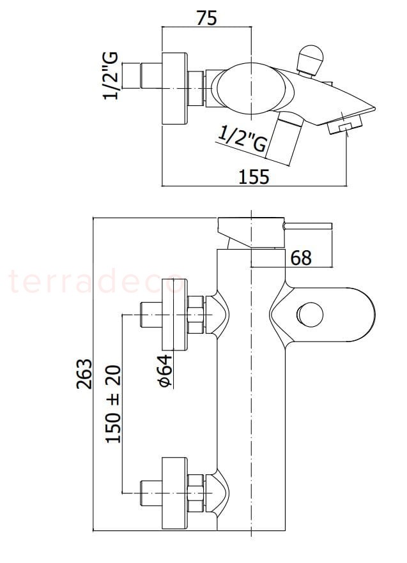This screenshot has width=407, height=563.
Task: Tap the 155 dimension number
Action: [254, 176]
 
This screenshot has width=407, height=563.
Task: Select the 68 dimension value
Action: [301, 257]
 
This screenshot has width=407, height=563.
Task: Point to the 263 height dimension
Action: [84, 373]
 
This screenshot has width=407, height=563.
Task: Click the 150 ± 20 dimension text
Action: [112, 404]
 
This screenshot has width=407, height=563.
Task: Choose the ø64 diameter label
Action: [165, 372]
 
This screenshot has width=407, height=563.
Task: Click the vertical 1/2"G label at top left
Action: [110, 75]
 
